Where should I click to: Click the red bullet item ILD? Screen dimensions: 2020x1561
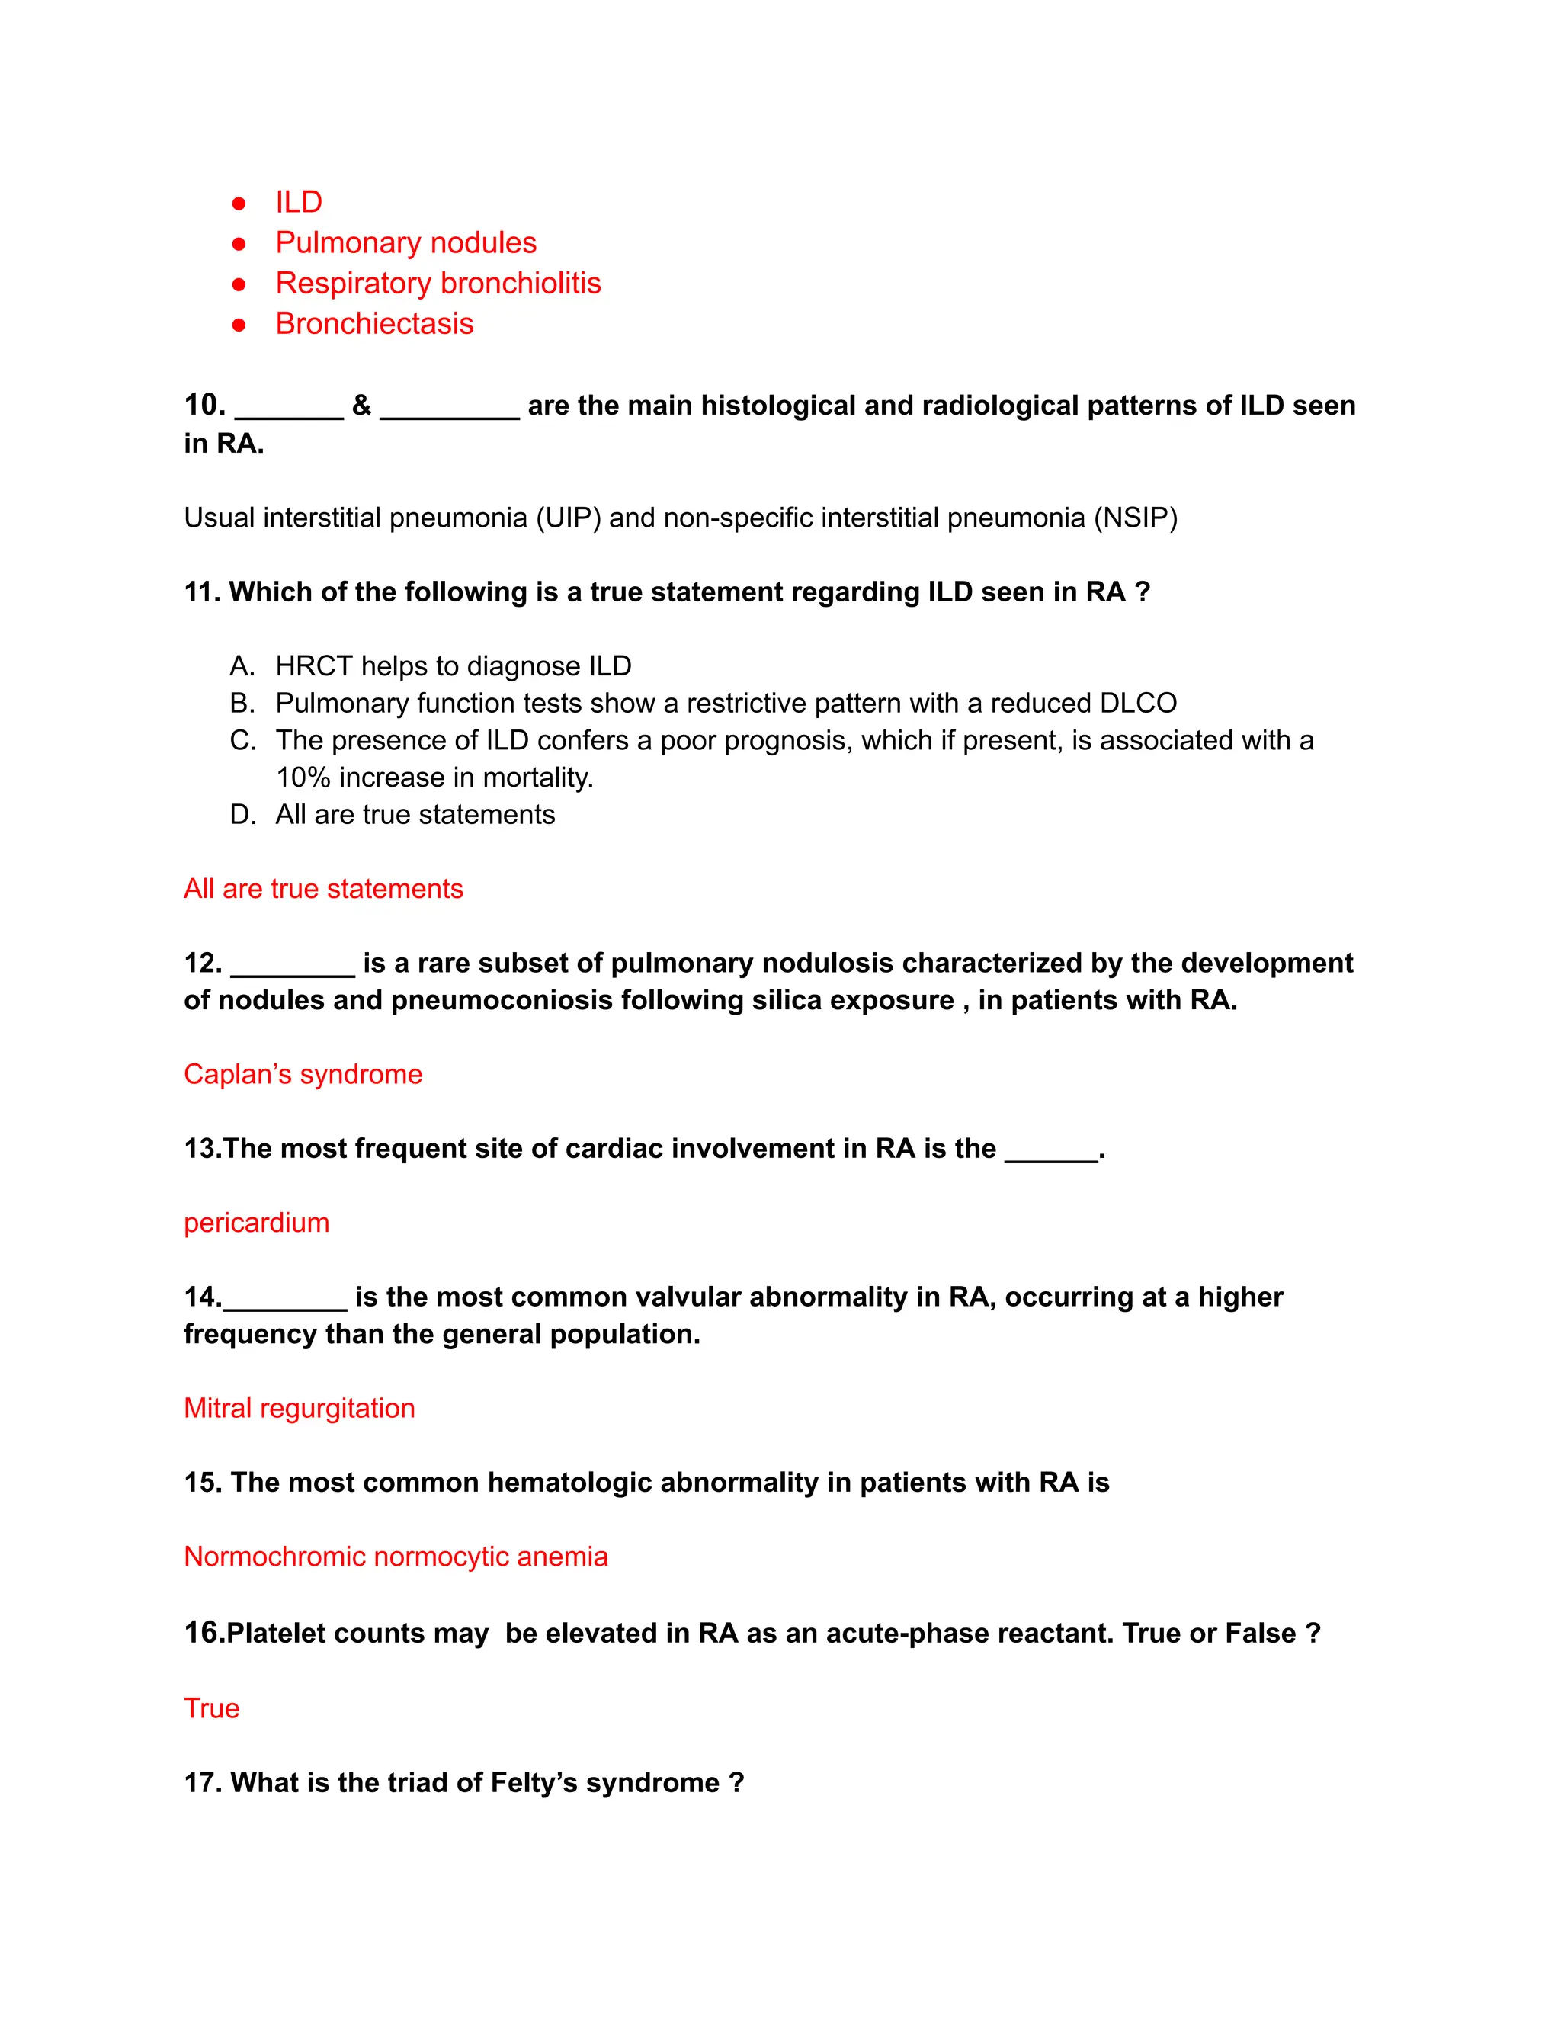click(298, 202)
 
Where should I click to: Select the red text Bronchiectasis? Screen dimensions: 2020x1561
click(373, 324)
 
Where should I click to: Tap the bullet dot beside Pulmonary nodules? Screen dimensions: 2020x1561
click(239, 243)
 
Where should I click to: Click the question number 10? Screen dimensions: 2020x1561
click(204, 405)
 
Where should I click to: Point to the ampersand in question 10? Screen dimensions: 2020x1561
click(361, 405)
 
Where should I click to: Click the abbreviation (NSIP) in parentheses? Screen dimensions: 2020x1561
click(1135, 517)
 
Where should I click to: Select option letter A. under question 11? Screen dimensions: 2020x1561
click(242, 666)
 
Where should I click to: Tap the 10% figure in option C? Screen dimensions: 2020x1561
click(303, 778)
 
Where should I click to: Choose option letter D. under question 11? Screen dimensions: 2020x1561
click(242, 815)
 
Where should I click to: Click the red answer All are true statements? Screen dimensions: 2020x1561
click(322, 889)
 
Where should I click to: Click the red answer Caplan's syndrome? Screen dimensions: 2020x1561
click(303, 1074)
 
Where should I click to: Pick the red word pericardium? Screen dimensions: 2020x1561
click(256, 1223)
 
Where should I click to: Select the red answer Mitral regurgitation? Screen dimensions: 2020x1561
click(299, 1408)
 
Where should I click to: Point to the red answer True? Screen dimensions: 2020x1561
click(212, 1708)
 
